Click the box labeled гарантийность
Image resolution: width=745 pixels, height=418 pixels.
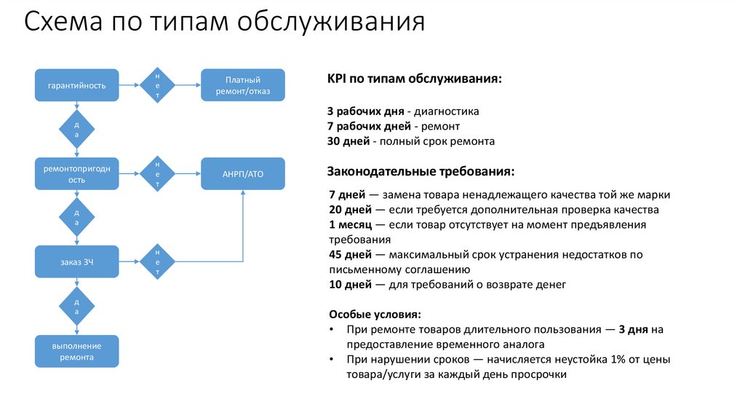pos(77,85)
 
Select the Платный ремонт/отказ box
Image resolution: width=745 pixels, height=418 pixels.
pos(243,85)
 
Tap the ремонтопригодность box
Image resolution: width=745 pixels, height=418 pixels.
pos(77,174)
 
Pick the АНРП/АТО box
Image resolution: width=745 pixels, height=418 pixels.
pos(243,174)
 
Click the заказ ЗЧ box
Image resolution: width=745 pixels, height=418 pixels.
pos(77,261)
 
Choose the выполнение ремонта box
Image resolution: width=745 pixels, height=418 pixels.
pos(77,352)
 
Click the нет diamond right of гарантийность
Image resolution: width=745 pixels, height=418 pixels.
pos(157,85)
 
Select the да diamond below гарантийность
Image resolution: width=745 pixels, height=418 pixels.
pos(77,130)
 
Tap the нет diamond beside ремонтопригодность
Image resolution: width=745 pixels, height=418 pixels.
pos(157,174)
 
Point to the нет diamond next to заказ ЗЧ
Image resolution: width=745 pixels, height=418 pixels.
pos(157,261)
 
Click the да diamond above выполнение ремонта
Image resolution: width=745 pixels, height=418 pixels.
pos(77,306)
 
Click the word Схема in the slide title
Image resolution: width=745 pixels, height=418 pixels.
pos(63,23)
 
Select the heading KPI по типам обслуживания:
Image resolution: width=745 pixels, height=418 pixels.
pos(415,79)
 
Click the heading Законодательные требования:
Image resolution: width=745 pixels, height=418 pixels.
pos(422,172)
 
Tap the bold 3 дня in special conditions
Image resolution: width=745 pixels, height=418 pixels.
pos(634,329)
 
